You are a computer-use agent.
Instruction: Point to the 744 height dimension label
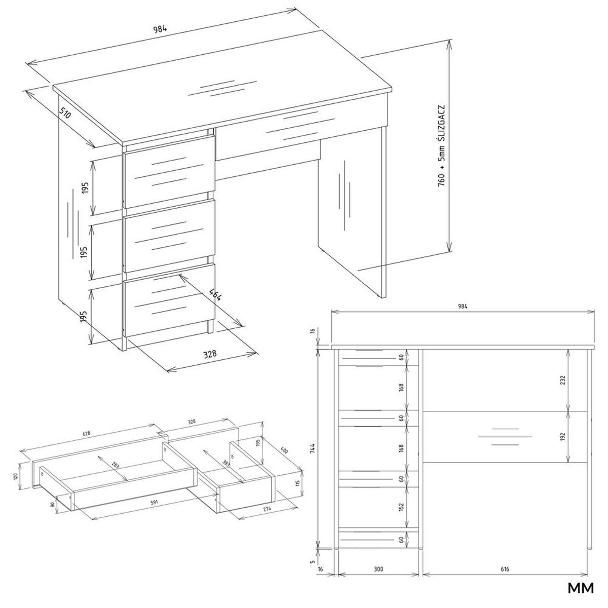pyautogui.click(x=313, y=449)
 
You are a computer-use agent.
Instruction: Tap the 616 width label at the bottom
pyautogui.click(x=505, y=569)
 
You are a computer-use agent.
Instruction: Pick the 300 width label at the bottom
pyautogui.click(x=378, y=569)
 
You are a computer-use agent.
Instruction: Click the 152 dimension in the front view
pyautogui.click(x=401, y=507)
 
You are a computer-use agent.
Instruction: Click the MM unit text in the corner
pyautogui.click(x=580, y=589)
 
